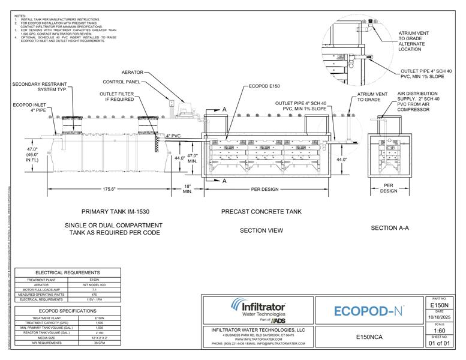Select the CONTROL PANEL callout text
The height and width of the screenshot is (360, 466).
(x=122, y=82)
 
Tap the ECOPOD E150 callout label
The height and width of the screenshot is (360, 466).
(x=266, y=86)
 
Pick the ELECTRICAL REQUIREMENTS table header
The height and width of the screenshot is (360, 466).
(x=67, y=272)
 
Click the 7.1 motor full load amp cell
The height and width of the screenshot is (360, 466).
(x=94, y=289)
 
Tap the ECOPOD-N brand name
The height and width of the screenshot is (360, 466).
(x=368, y=311)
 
